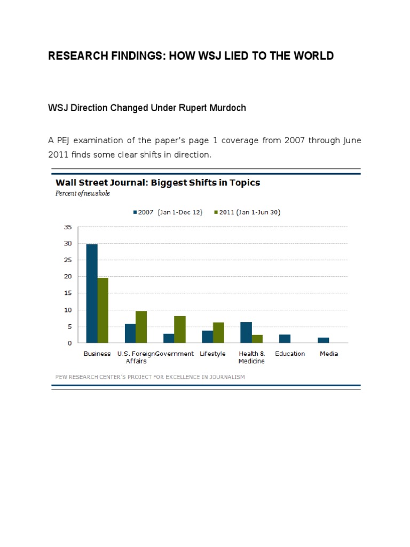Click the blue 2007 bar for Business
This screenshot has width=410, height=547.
click(x=92, y=293)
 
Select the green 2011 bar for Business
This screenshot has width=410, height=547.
click(x=102, y=310)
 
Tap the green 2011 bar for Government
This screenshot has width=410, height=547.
click(x=180, y=329)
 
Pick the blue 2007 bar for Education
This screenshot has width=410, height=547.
click(x=285, y=339)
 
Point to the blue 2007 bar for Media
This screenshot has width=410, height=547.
click(x=324, y=340)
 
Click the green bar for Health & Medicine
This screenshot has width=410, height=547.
click(x=257, y=339)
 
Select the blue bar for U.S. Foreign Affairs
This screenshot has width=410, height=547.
click(x=130, y=333)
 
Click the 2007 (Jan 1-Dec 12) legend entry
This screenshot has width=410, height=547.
click(x=167, y=212)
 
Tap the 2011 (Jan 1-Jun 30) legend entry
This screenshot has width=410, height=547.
click(x=247, y=212)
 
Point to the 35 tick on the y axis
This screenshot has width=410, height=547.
click(x=68, y=227)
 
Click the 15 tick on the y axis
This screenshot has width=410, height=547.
click(x=68, y=293)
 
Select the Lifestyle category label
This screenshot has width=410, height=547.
click(x=212, y=354)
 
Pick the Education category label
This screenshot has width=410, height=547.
click(x=290, y=354)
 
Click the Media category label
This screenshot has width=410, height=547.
click(x=329, y=354)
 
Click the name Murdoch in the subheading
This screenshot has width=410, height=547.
click(x=228, y=108)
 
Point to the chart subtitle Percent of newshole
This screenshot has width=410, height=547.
click(x=83, y=193)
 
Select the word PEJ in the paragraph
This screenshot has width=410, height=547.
click(x=65, y=140)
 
